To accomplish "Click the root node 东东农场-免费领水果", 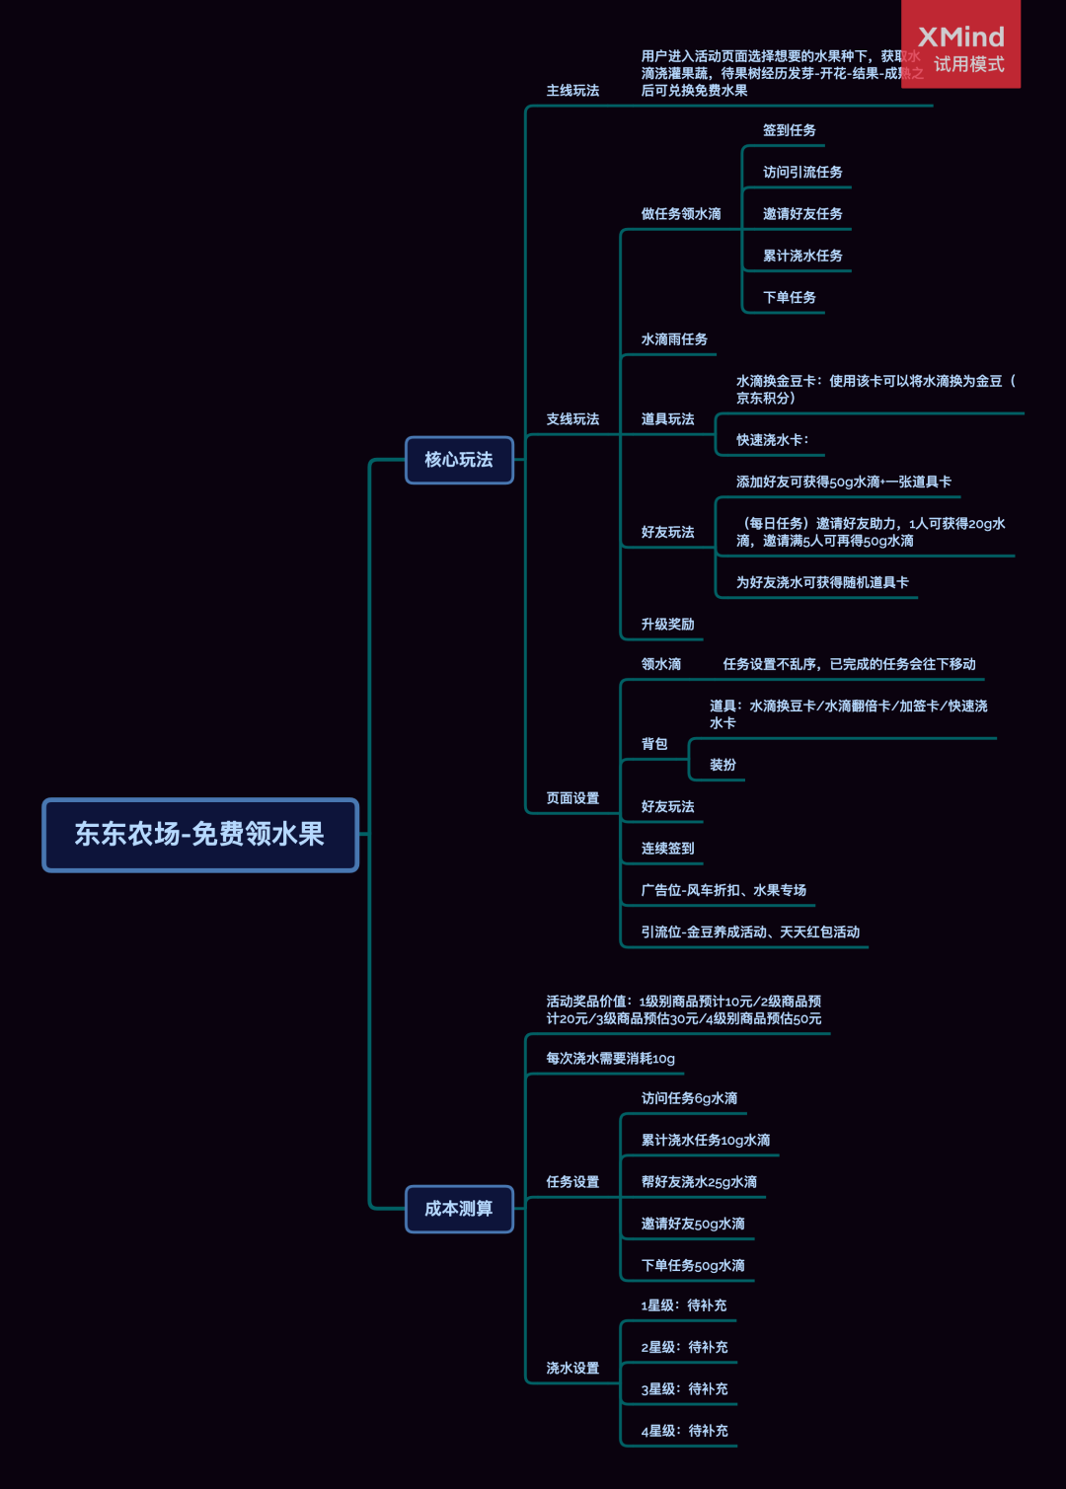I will click(x=199, y=835).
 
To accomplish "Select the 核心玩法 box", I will click(x=459, y=460).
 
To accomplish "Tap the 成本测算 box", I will click(x=459, y=1209).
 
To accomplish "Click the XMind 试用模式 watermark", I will click(x=960, y=47).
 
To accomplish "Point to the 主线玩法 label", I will click(x=572, y=91).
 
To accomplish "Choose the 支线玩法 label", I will click(x=572, y=419).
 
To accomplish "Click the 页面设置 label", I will click(x=572, y=798).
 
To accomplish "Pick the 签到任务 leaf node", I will click(x=789, y=130).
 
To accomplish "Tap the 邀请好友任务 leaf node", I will click(x=802, y=214).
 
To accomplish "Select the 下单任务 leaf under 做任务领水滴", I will click(x=789, y=298).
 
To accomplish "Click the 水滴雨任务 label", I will click(x=674, y=339).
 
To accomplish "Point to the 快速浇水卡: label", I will click(x=772, y=440).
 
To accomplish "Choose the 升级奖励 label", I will click(x=667, y=625).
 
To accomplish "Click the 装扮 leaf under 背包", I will click(x=723, y=765).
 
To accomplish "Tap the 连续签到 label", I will click(x=667, y=849).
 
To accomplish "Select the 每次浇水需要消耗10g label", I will click(x=610, y=1059).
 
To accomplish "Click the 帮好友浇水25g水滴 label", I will click(x=699, y=1182).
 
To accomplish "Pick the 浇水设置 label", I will click(x=572, y=1369).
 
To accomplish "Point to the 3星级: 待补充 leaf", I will click(x=684, y=1389).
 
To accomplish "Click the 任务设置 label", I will click(x=572, y=1182).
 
